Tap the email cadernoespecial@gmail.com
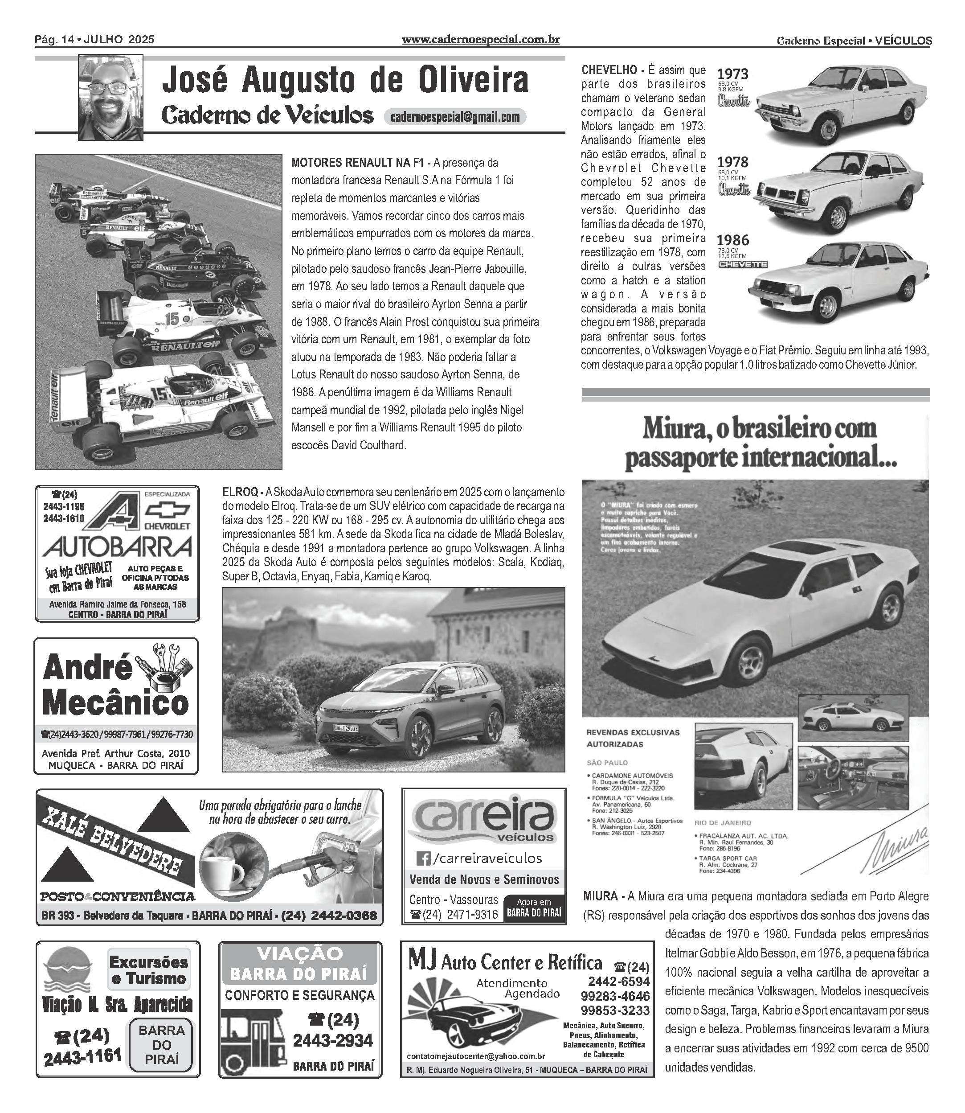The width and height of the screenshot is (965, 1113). [x=454, y=117]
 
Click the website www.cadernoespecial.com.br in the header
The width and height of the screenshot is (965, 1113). [x=480, y=40]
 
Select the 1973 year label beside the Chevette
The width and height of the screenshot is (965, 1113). [x=732, y=74]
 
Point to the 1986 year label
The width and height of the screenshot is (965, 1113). [x=732, y=240]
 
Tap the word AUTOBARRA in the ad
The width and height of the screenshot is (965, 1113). [x=117, y=548]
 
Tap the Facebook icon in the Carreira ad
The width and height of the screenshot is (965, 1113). [x=424, y=858]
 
